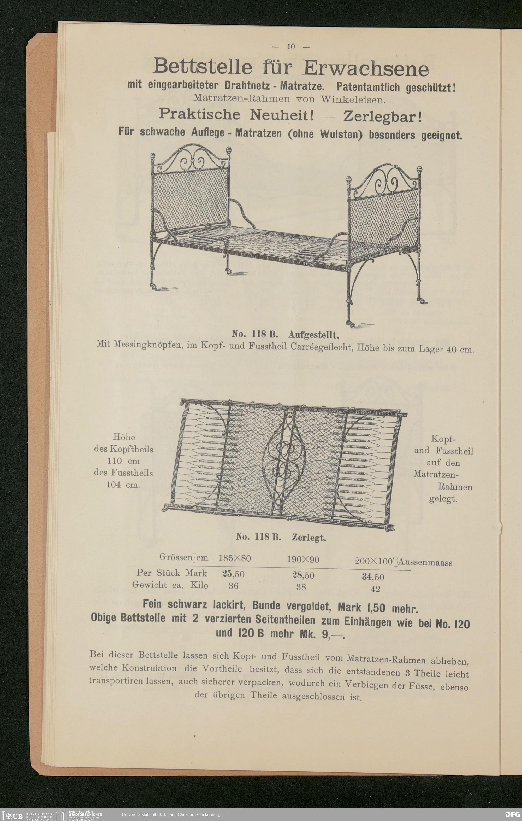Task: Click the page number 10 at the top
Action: (x=291, y=46)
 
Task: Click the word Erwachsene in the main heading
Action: (x=366, y=68)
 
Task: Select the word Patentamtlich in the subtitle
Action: (x=367, y=87)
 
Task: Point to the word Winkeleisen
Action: (x=353, y=100)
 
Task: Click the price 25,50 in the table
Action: (x=233, y=574)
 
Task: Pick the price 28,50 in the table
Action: (x=303, y=575)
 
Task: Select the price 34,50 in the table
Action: (x=373, y=577)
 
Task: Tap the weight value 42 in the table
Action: (x=375, y=589)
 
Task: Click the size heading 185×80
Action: (x=235, y=558)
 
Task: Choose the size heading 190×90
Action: (x=303, y=560)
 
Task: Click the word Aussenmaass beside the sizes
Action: (x=425, y=562)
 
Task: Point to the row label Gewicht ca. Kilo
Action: (x=170, y=585)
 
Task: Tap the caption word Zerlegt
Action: (x=309, y=538)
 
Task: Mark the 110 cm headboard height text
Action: (x=123, y=461)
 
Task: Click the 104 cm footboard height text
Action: (x=123, y=485)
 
